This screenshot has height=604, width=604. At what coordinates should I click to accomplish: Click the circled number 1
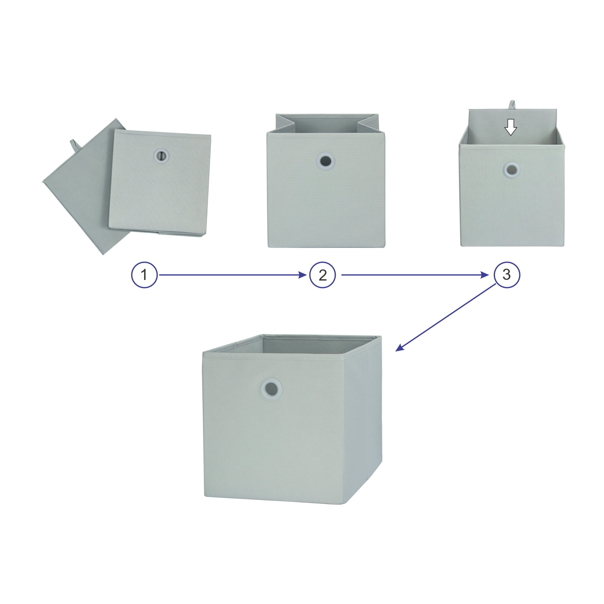tap(144, 275)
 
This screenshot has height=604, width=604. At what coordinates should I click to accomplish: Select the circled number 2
tap(322, 275)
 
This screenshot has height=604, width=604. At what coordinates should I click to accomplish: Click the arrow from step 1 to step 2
tap(233, 275)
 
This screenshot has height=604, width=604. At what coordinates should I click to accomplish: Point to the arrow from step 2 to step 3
tap(415, 275)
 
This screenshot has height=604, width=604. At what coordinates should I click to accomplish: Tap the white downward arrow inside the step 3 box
tap(511, 127)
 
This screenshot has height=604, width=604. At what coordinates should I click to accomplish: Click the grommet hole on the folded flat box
tap(161, 155)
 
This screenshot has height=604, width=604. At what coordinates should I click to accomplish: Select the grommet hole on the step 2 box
tap(326, 161)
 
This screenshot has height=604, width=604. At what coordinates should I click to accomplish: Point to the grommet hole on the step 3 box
tap(512, 170)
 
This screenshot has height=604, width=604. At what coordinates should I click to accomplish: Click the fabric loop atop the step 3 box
tap(512, 104)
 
